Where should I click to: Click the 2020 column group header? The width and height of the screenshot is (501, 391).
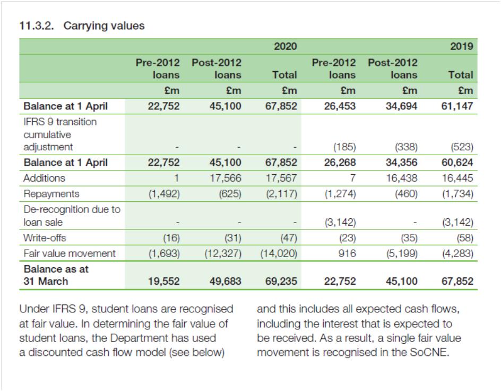(285, 46)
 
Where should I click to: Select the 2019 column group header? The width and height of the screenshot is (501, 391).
(461, 46)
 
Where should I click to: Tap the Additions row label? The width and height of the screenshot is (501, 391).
(44, 178)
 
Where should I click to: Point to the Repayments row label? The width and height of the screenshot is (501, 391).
(51, 194)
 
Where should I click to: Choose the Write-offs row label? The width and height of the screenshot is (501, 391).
(45, 237)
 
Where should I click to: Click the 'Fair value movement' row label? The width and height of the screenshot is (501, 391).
(69, 253)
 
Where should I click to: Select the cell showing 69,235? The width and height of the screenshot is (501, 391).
(281, 281)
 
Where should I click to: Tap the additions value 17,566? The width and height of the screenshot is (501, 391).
(225, 178)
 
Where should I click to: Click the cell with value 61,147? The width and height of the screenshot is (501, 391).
(457, 106)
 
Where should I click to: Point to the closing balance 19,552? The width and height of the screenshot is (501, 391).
(163, 281)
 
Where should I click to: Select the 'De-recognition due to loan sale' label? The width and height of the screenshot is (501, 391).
(72, 215)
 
